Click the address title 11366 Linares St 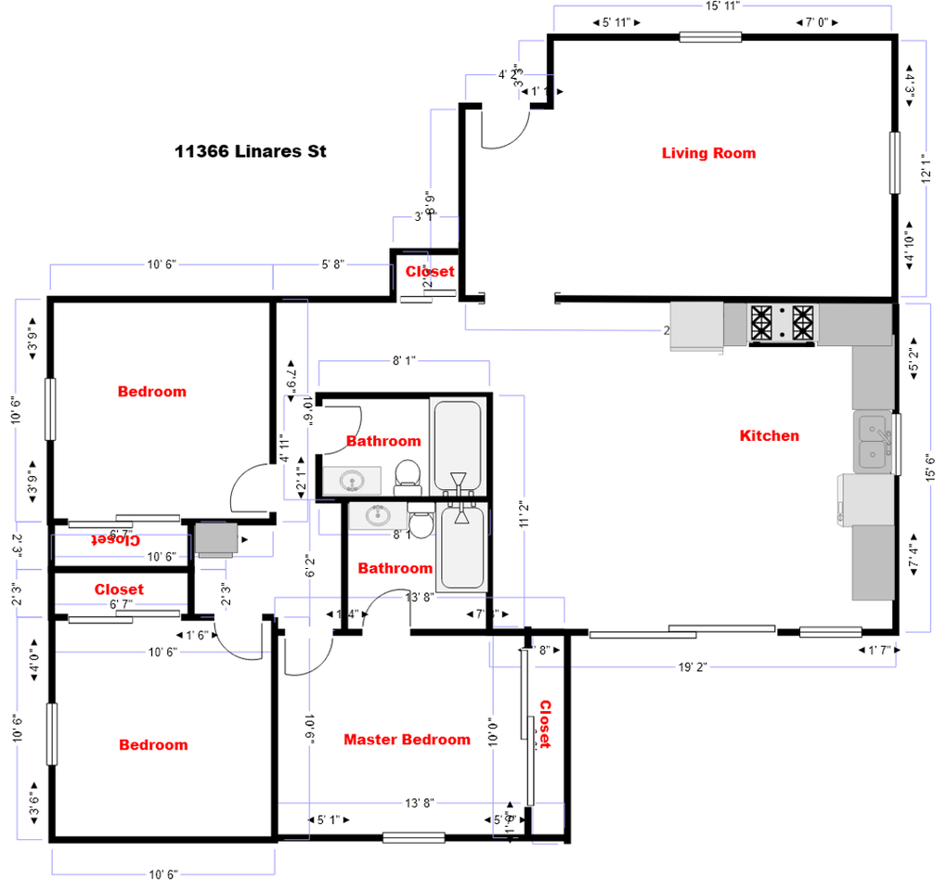(x=251, y=151)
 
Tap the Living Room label (x=708, y=153)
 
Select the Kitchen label (x=769, y=435)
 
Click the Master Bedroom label (x=407, y=740)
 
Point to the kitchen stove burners (x=782, y=323)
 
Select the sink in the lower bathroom (x=378, y=516)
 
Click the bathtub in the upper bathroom (x=456, y=444)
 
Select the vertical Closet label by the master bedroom (x=545, y=724)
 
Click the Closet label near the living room (x=430, y=271)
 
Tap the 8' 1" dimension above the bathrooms (x=403, y=360)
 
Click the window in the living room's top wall (x=710, y=37)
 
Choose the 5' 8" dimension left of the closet (x=332, y=265)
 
